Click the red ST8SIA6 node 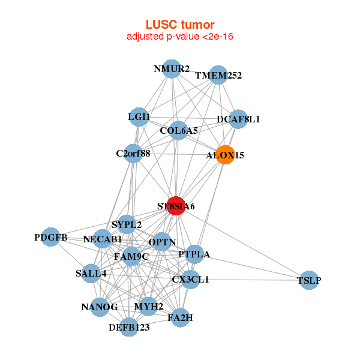(x=176, y=206)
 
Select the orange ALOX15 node (x=226, y=155)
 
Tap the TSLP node (x=308, y=280)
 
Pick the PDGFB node (x=51, y=238)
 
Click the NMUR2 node (x=172, y=68)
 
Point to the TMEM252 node (x=218, y=76)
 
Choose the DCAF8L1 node (x=238, y=119)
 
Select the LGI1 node (x=139, y=116)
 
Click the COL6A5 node (x=179, y=130)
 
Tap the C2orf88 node (x=133, y=153)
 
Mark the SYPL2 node (x=127, y=225)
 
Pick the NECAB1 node (x=103, y=239)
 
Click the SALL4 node (x=91, y=274)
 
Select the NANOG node (x=100, y=307)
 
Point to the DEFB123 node (x=129, y=327)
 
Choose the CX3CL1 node (x=190, y=279)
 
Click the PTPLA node (x=194, y=254)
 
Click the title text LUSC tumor (x=180, y=25)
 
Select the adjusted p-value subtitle (x=180, y=37)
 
